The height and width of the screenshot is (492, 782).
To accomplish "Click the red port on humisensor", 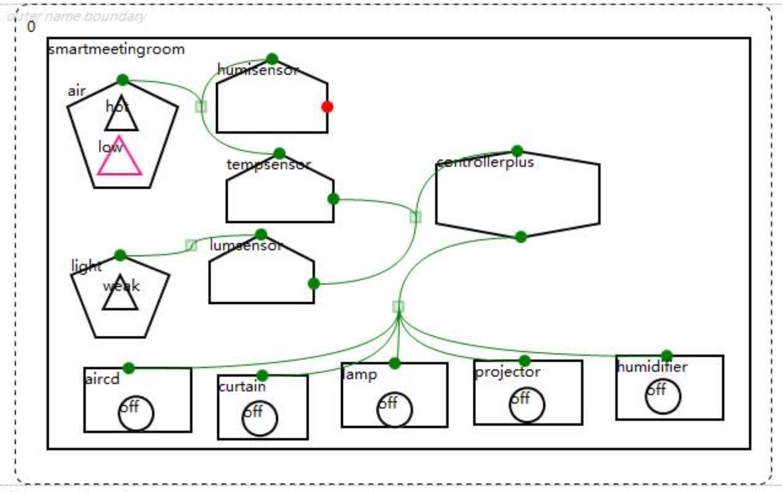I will [x=327, y=107].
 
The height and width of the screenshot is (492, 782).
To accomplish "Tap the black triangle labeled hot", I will [x=121, y=116].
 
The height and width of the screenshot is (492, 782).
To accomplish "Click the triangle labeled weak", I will [x=120, y=296].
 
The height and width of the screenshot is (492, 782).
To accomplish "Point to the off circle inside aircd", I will [x=136, y=413].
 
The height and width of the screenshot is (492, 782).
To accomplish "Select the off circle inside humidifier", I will [x=663, y=397].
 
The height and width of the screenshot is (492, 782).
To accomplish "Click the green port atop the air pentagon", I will [x=123, y=80].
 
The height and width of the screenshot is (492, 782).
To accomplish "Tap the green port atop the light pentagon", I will [x=120, y=255].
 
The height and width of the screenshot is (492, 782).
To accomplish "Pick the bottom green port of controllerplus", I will [x=521, y=236].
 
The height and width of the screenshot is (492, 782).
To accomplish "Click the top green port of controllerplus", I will [x=517, y=151].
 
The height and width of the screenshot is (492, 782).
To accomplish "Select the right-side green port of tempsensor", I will [x=333, y=199].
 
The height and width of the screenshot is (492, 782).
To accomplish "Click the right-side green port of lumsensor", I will [x=314, y=284].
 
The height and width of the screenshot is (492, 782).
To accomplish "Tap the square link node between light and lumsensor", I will [x=191, y=245].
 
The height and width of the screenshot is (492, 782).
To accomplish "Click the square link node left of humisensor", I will [x=201, y=106].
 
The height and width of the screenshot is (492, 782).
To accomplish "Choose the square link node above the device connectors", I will [x=398, y=307].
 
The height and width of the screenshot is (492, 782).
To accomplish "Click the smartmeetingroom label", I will [x=116, y=49].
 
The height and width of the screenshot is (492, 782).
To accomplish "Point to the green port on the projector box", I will [x=525, y=361].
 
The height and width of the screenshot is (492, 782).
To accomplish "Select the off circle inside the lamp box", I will [x=394, y=409].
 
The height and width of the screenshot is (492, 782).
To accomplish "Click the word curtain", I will [x=242, y=387].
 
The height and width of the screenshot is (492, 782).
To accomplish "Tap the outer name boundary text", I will [x=77, y=16].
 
